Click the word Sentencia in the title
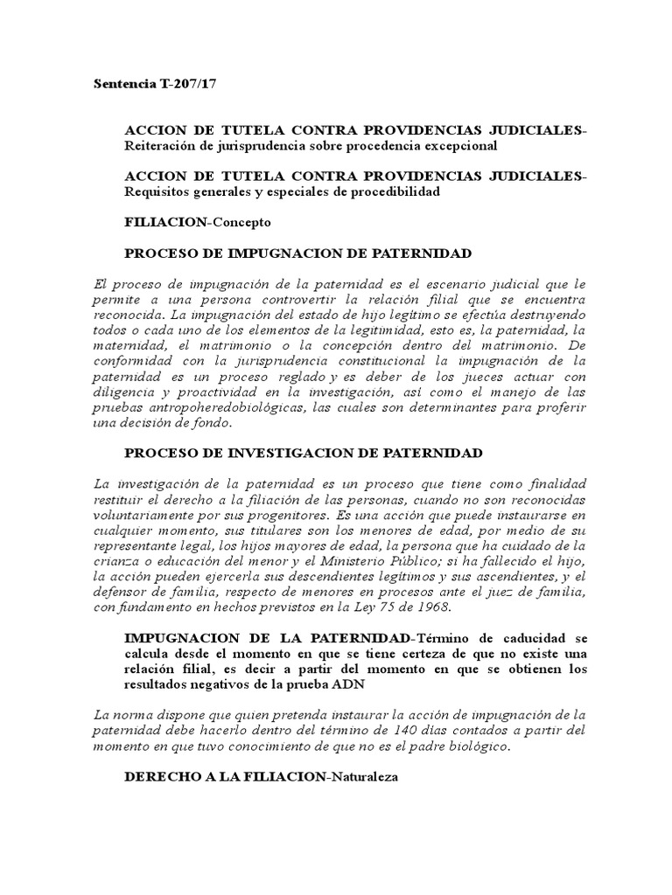click(x=122, y=85)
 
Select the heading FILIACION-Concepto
click(x=198, y=222)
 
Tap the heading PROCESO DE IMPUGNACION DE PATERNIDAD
click(x=298, y=253)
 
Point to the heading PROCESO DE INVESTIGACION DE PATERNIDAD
click(x=304, y=453)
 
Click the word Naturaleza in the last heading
click(x=362, y=776)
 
